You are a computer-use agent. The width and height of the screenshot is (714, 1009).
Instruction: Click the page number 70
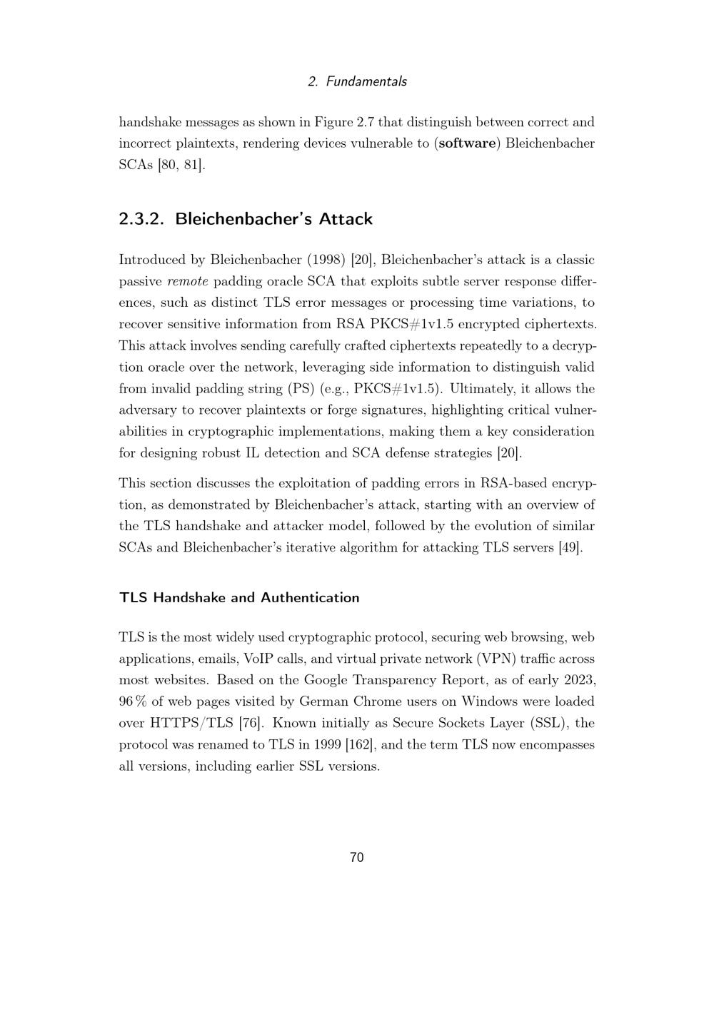357,858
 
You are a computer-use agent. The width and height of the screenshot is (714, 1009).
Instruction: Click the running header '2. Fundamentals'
357,81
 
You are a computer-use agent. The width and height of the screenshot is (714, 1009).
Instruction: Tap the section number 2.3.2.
141,219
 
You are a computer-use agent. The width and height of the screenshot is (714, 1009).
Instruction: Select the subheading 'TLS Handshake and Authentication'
239,598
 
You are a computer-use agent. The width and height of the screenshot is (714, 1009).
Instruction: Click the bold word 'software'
467,143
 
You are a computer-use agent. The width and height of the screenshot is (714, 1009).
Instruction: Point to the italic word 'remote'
188,282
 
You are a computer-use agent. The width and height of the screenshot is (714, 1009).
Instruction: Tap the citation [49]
570,548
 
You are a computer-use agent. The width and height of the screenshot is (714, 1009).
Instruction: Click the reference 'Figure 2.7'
344,122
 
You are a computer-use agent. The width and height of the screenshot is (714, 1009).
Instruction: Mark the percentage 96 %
131,702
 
